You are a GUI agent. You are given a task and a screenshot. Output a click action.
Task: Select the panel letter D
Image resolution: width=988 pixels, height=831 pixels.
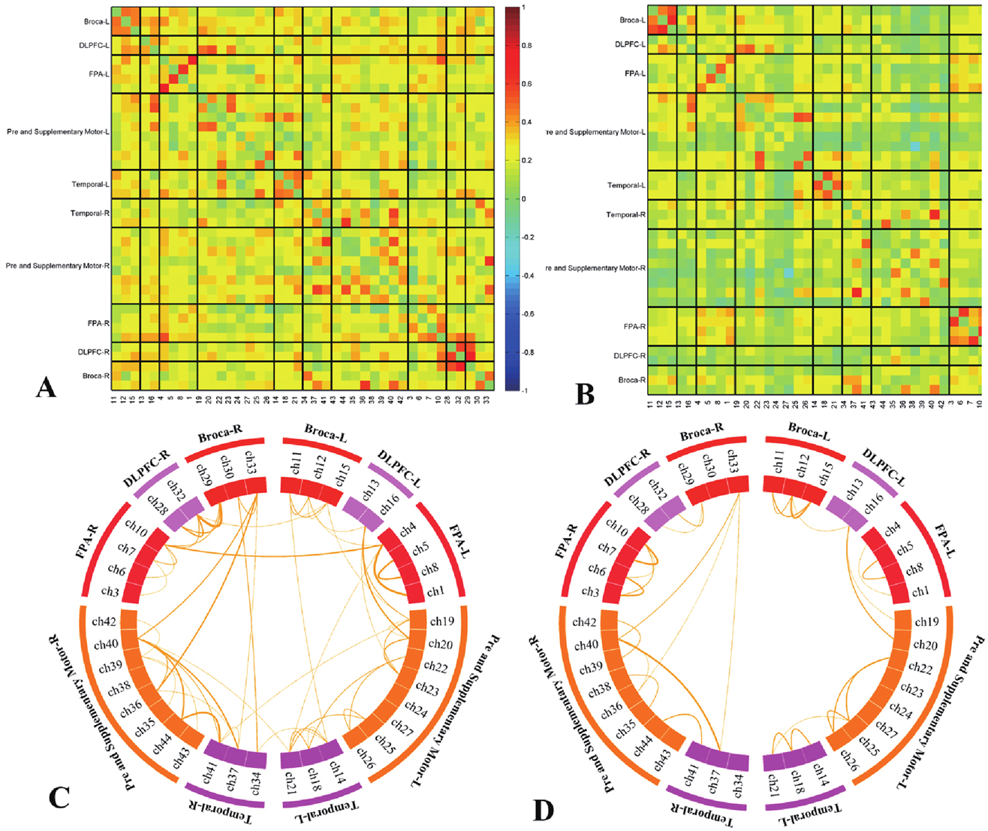point(543,809)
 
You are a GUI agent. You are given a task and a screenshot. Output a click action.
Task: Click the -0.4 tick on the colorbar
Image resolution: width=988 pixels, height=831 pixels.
point(527,276)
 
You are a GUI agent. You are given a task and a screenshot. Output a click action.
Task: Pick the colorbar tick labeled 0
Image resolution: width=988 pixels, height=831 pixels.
point(524,199)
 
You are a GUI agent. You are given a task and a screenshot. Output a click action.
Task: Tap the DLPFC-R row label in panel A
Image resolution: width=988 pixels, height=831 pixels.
point(92,351)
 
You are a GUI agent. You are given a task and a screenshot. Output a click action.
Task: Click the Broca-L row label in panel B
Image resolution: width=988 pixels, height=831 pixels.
point(633,20)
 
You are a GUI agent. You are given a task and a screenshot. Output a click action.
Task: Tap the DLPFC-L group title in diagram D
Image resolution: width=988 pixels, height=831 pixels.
point(881,470)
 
